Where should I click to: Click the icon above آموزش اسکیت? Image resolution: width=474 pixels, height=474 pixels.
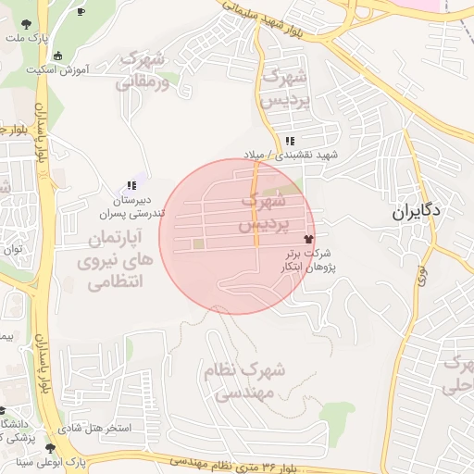point(59,55)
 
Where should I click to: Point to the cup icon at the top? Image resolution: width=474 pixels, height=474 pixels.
point(81,11)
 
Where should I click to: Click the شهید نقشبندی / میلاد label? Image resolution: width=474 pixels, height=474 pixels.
point(296,155)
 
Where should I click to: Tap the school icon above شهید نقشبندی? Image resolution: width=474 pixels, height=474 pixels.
point(291,141)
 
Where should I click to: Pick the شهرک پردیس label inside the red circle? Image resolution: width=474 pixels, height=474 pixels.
point(264,212)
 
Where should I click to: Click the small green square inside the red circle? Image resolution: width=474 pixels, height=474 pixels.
point(198,244)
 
